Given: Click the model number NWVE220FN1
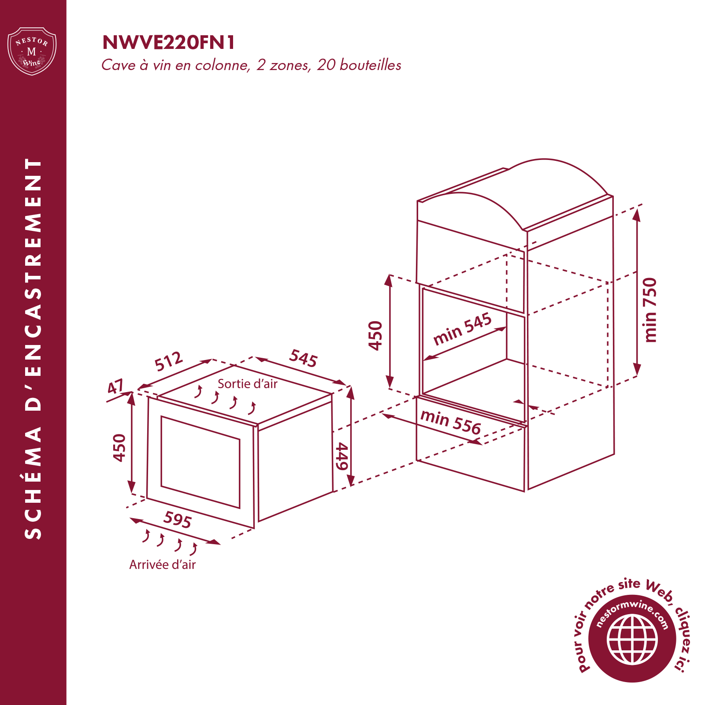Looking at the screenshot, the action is pos(168,43).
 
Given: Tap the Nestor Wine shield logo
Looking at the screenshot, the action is pos(32,51).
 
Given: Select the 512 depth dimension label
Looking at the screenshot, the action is pos(169,361).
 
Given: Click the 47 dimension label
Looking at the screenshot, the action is pos(116,387).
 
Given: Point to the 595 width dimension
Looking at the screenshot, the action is pos(178,519).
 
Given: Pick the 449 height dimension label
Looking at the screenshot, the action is pos(342,457).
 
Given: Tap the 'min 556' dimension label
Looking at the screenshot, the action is pos(450,422).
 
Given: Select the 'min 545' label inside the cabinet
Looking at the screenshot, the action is pos(462,329).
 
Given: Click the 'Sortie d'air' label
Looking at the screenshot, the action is pos(247,384).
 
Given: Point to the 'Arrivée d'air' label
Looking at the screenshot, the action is pos(162,564).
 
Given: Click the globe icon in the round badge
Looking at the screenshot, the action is pos(632,639).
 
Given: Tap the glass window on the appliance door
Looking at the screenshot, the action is pos(200,462).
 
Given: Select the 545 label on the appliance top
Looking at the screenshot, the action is pos(303,358).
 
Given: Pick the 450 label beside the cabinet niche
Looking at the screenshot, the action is pos(375,336).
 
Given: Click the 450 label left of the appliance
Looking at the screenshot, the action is pos(119,448).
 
